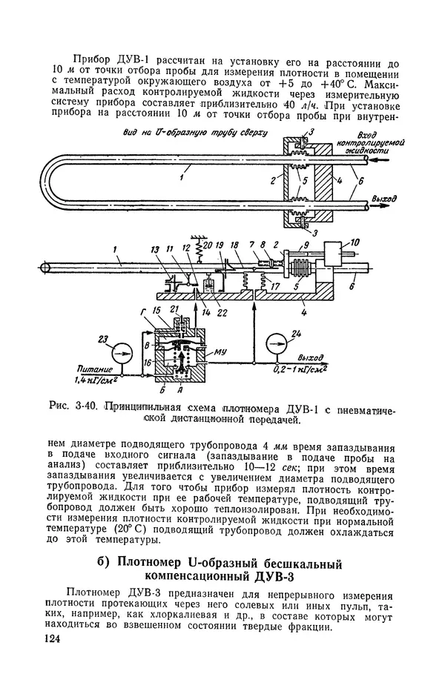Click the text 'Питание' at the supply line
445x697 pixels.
click(93, 369)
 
